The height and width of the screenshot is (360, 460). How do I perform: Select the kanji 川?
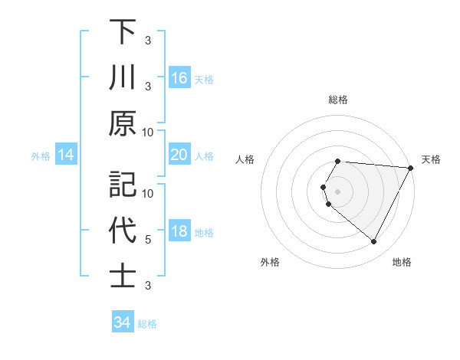(x=123, y=77)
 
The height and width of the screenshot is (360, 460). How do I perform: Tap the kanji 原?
(x=123, y=123)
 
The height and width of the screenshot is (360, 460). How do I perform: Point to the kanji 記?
(x=123, y=185)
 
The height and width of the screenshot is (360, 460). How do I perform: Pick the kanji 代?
(x=123, y=231)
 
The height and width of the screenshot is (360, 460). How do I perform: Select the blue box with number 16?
(x=179, y=78)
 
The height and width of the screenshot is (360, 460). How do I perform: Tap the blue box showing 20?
(x=179, y=155)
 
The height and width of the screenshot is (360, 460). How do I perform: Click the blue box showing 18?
(x=179, y=232)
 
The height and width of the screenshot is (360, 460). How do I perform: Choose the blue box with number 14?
(x=66, y=155)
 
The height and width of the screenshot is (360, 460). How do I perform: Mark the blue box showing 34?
(x=122, y=323)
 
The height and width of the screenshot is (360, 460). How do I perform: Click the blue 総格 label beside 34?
(x=147, y=324)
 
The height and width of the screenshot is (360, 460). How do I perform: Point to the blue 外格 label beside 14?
(x=41, y=156)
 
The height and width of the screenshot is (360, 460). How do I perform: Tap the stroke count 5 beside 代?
(x=148, y=240)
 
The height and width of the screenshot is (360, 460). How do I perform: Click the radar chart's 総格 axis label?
(x=338, y=100)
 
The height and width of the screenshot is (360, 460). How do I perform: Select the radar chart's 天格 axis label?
(x=431, y=159)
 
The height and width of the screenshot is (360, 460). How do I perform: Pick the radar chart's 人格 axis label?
(x=245, y=159)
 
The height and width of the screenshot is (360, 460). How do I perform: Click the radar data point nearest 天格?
(x=410, y=168)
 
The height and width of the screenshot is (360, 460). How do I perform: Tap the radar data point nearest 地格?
(x=373, y=241)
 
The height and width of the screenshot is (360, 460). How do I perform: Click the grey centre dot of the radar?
(x=338, y=191)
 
